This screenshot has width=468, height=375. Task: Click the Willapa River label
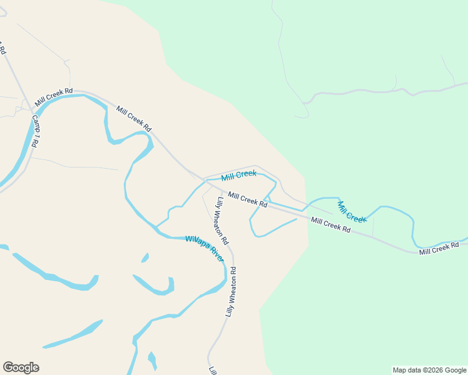[205, 248]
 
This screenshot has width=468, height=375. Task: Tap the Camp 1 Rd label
[35, 132]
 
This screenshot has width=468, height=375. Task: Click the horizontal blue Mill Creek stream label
[238, 176]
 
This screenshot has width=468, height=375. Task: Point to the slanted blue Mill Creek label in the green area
[351, 212]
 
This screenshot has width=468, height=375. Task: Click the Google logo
[21, 367]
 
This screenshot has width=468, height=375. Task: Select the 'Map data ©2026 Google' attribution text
[429, 370]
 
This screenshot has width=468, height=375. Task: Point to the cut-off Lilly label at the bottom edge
[213, 370]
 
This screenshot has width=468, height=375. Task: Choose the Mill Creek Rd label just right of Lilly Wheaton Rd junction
[248, 200]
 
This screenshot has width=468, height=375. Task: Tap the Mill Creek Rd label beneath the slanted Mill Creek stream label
[330, 225]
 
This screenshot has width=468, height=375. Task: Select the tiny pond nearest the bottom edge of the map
[152, 360]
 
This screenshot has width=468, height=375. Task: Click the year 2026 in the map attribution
[427, 370]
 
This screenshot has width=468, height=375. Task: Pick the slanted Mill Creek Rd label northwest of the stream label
[134, 119]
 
